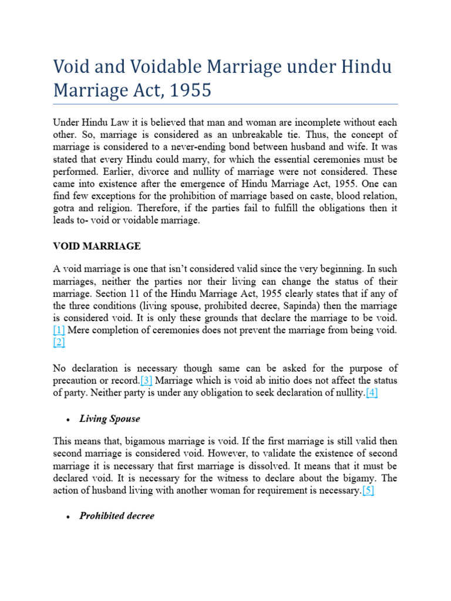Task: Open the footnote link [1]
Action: (59, 330)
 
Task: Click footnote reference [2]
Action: (59, 343)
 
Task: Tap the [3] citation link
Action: (146, 380)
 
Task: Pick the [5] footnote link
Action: (368, 491)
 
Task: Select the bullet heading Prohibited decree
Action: (117, 516)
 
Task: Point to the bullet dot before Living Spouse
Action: (69, 420)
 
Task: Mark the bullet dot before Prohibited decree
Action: (69, 516)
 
